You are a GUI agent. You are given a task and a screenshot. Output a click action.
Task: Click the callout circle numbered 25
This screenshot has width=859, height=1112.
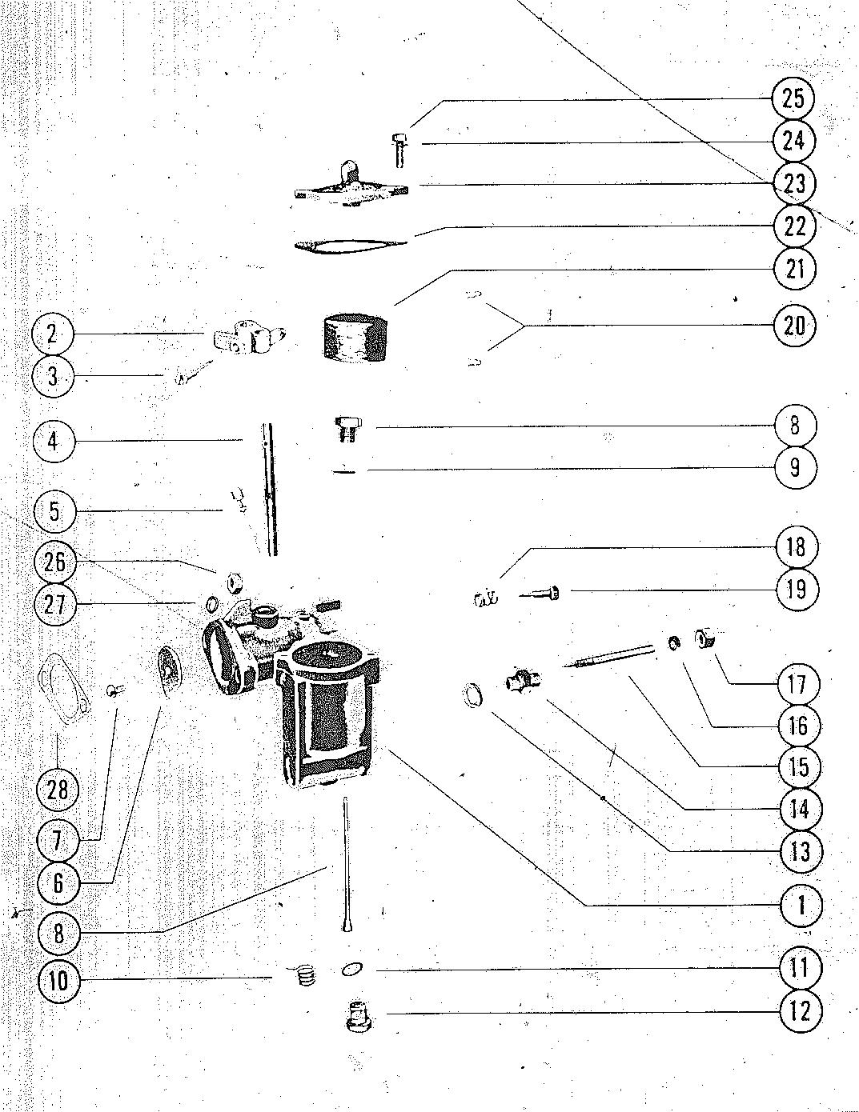pyautogui.click(x=793, y=99)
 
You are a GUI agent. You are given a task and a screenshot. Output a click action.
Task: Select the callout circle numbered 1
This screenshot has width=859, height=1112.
pyautogui.click(x=801, y=906)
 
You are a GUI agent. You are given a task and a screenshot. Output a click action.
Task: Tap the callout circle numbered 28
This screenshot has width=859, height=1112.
pyautogui.click(x=58, y=790)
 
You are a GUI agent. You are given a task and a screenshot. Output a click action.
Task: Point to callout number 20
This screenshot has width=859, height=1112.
pyautogui.click(x=793, y=326)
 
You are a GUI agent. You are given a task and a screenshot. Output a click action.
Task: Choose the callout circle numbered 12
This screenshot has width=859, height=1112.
pyautogui.click(x=800, y=1011)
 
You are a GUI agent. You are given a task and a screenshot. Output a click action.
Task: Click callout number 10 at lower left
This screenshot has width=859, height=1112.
pyautogui.click(x=58, y=980)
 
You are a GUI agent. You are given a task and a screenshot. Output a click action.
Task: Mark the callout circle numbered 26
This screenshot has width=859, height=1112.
pyautogui.click(x=55, y=562)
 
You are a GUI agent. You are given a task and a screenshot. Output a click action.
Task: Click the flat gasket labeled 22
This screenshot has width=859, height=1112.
pyautogui.click(x=349, y=244)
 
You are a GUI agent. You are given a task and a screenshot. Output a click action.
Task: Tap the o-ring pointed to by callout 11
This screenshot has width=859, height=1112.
pyautogui.click(x=350, y=970)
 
